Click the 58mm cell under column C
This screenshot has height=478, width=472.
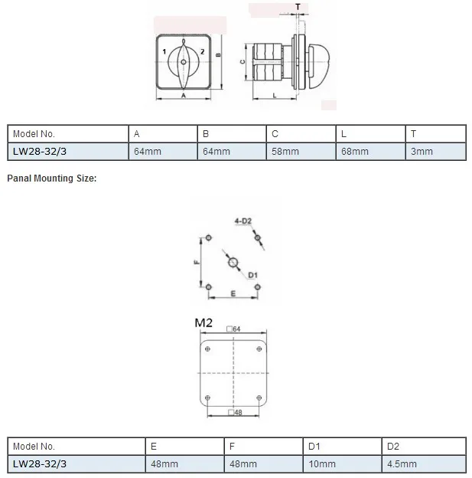pos(285,152)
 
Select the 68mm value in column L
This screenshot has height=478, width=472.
pos(355,152)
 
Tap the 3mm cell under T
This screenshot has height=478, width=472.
pos(422,152)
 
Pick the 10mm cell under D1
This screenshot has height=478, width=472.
pos(322,464)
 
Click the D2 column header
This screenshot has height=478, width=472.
pos(393,447)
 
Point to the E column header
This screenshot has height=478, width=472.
pos(154,447)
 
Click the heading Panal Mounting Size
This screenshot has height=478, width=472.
pos(52,178)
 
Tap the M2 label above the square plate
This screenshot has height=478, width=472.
pos(203,322)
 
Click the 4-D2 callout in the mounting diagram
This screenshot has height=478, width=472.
pos(243,221)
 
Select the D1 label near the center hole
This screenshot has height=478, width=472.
pos(252,275)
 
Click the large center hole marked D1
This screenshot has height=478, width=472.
pos(233,262)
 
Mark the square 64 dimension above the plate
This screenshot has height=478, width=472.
pos(233,329)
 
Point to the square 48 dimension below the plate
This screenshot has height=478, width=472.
pos(235,412)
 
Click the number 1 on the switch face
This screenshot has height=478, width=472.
pos(164,51)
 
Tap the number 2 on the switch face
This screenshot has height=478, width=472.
pos(202,51)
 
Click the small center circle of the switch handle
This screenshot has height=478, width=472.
pos(184,62)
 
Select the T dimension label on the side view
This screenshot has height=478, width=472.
pos(298,7)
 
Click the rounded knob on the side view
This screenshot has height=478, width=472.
pos(319,67)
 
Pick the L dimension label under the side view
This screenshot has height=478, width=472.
pos(275,96)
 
